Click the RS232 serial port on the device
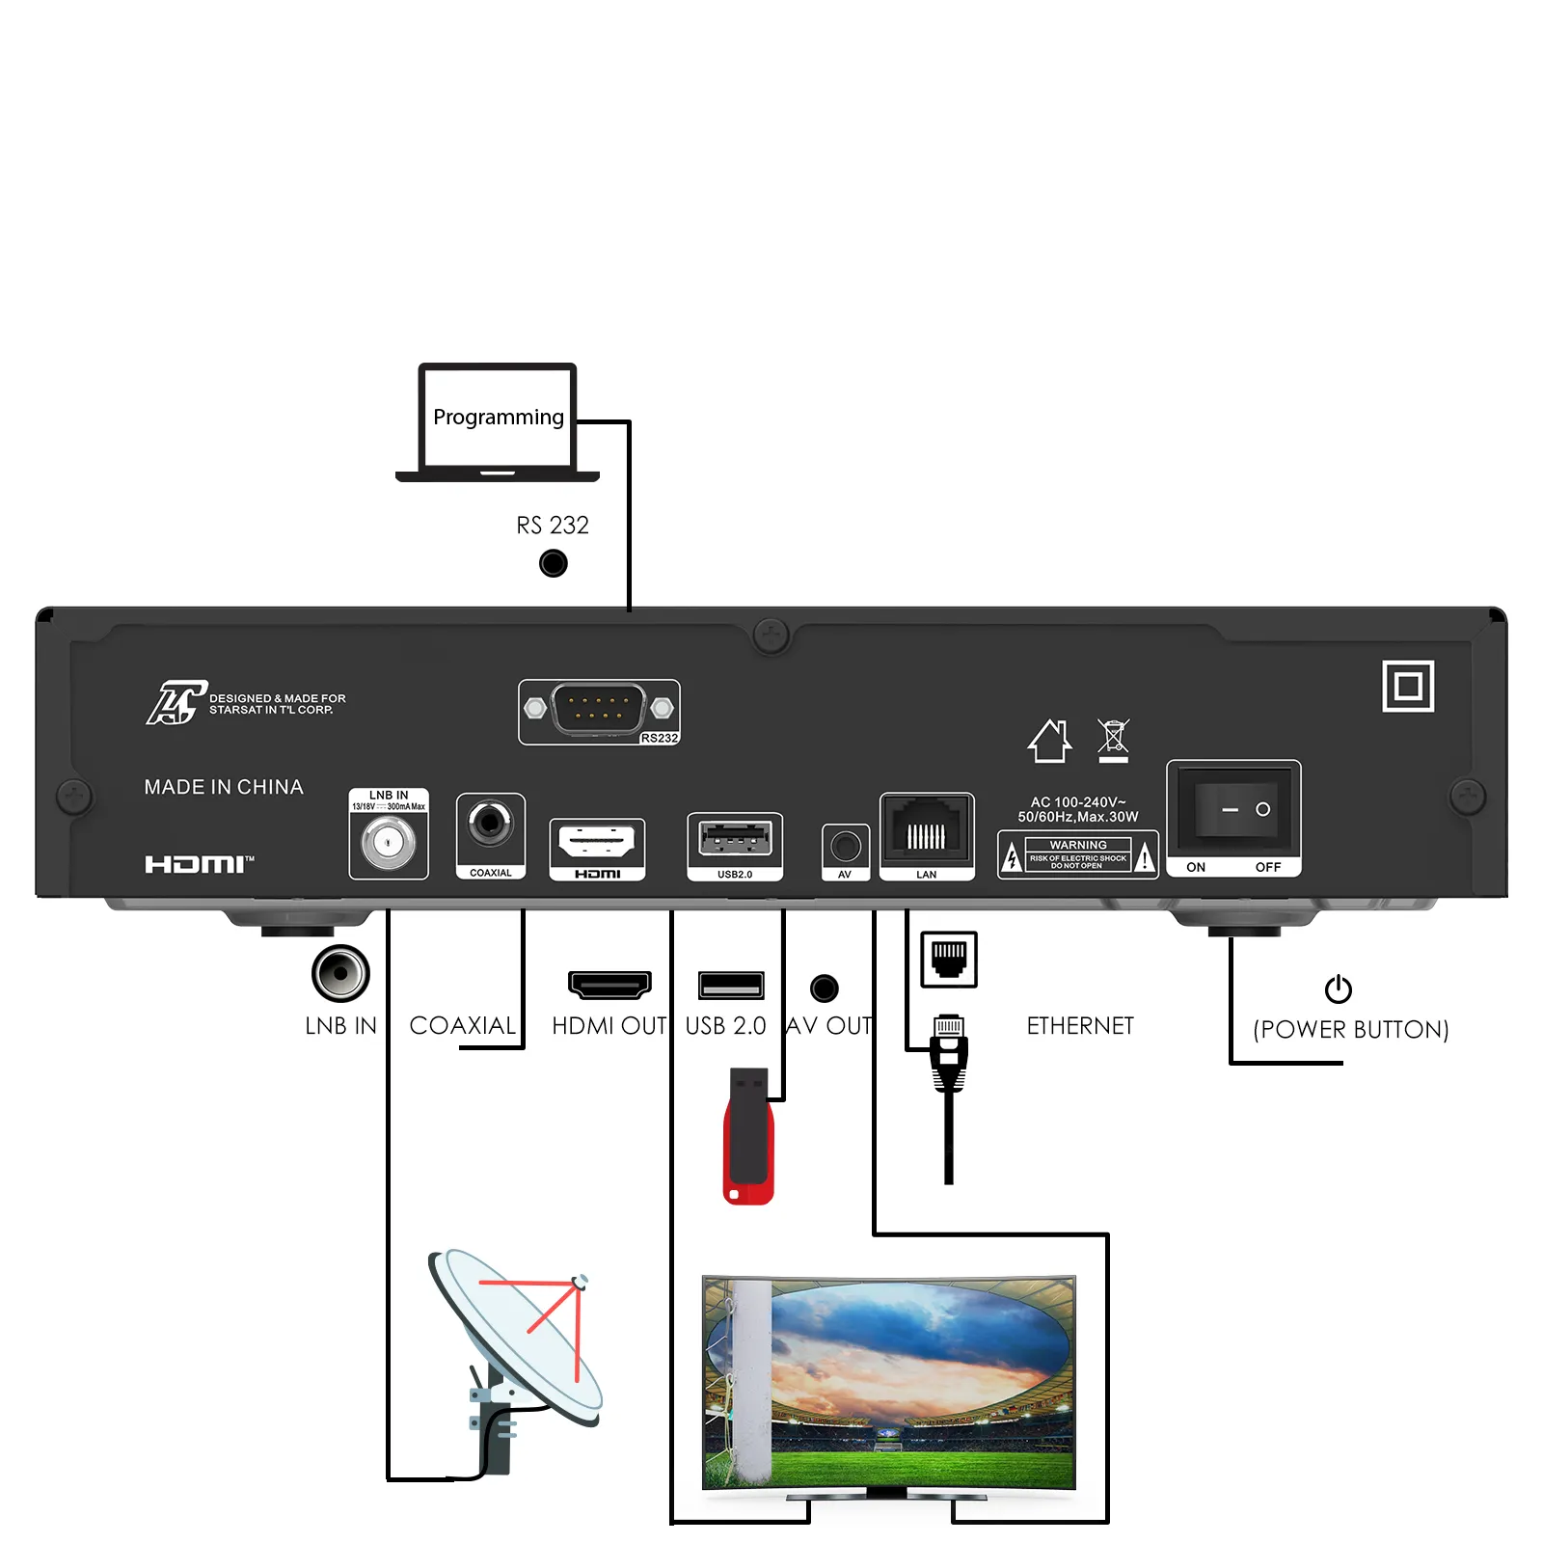pos(598,710)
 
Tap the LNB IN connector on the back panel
pos(388,843)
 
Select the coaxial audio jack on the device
pos(490,824)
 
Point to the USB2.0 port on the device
pos(735,839)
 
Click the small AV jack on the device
pos(846,847)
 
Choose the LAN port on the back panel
pos(926,830)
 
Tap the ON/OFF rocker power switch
pos(1233,809)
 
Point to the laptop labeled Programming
pos(498,422)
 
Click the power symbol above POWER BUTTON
pos(1338,988)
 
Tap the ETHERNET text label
pos(1080,1026)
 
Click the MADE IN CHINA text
pos(224,787)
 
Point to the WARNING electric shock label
pos(1077,855)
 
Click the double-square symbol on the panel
pos(1407,687)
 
